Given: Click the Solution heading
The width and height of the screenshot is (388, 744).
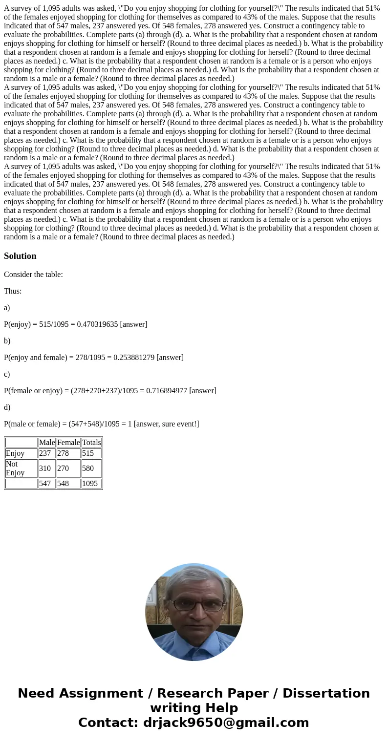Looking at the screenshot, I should tap(20, 256).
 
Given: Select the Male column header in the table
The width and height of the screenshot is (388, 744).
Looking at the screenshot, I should tap(47, 443).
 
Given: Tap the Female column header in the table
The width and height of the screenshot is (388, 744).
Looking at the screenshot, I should tap(68, 443).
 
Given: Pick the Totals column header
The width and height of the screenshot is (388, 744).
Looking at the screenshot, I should tap(91, 443).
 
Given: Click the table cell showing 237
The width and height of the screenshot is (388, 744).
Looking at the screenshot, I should tap(45, 453).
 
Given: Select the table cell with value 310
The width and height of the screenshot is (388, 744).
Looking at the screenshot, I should tap(45, 468).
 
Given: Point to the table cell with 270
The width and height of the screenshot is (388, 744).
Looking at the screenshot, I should tap(64, 468).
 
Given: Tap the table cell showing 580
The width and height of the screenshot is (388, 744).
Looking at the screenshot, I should tap(88, 468).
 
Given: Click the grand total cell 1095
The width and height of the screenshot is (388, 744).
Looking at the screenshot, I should tap(90, 484).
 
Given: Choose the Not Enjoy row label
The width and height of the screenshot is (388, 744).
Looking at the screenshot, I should tap(15, 468).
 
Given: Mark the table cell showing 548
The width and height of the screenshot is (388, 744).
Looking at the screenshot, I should tap(64, 484).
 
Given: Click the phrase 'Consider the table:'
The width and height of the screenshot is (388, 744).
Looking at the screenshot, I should tap(33, 275).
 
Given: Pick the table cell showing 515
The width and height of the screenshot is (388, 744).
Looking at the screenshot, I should tap(88, 453).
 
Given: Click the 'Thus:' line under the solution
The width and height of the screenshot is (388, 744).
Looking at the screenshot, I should tap(13, 291).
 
